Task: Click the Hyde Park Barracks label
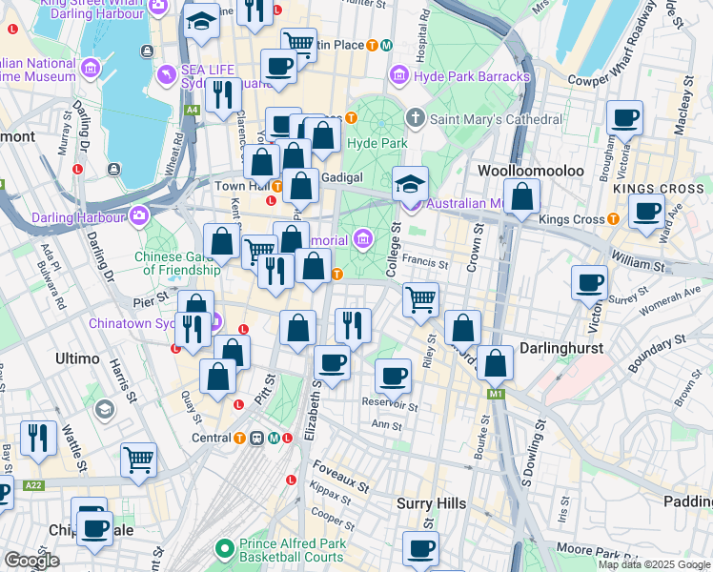tap(471, 75)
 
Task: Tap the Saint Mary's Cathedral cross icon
tap(414, 119)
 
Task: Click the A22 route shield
tap(33, 485)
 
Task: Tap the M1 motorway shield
tap(495, 393)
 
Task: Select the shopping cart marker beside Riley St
tap(420, 299)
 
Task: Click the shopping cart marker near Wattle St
tap(138, 460)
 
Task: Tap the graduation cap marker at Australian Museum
tap(411, 182)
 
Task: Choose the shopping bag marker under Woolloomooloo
tap(522, 197)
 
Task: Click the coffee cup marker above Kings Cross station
tap(647, 211)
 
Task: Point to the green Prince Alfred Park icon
tap(225, 548)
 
